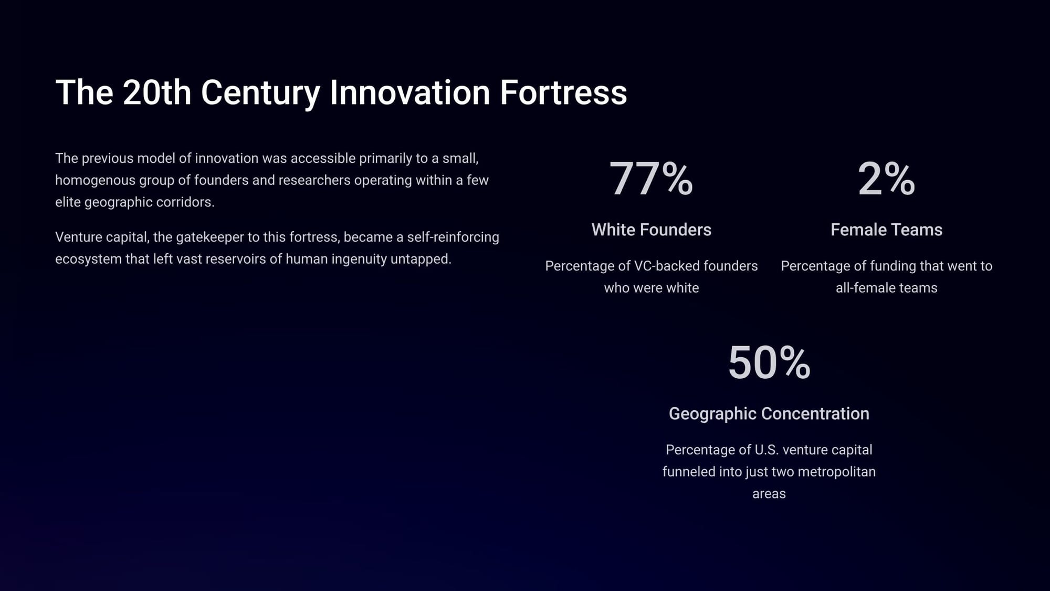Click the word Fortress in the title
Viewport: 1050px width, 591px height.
click(x=563, y=92)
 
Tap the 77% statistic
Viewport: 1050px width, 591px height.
click(x=651, y=179)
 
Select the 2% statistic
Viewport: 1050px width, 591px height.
click(x=886, y=179)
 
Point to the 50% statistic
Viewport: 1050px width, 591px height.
click(x=769, y=362)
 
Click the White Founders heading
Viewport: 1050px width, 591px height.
click(x=651, y=230)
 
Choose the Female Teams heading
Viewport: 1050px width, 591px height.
click(x=886, y=230)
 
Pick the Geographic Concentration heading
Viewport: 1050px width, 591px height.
click(x=769, y=414)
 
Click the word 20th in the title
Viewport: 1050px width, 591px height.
click(x=157, y=92)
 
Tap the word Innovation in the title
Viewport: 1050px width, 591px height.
click(x=410, y=92)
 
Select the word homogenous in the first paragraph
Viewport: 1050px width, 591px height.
click(x=95, y=180)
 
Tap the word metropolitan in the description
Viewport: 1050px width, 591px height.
click(x=836, y=472)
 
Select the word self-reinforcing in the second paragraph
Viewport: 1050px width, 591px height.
click(x=453, y=237)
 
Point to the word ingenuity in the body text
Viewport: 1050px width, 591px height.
click(x=359, y=260)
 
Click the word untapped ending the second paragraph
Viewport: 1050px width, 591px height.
click(x=421, y=260)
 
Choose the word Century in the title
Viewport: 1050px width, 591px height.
click(x=260, y=92)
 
